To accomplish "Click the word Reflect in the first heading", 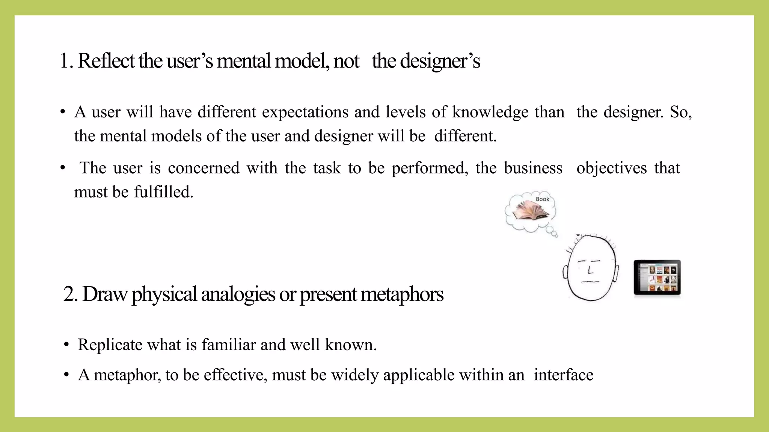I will click(106, 61).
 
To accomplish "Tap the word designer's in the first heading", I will click(440, 61).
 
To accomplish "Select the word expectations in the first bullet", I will click(305, 112).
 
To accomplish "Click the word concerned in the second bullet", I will click(204, 168).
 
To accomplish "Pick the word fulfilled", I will click(163, 192).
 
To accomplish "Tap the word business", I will click(533, 168).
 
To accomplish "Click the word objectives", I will click(612, 168).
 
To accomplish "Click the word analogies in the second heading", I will click(238, 295).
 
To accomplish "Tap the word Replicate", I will click(110, 345).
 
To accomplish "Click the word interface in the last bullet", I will click(564, 375).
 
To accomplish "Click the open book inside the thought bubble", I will click(530, 211).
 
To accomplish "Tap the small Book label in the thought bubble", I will click(542, 199).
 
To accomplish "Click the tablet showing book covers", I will click(657, 277).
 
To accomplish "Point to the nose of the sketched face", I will click(590, 270).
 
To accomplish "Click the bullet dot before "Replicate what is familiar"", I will click(66, 345).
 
